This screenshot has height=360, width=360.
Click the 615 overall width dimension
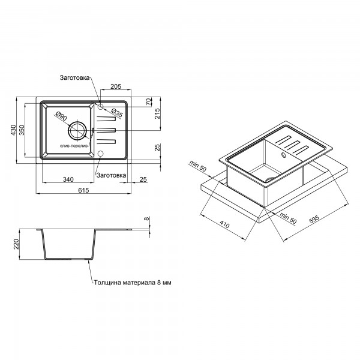pos(83,190)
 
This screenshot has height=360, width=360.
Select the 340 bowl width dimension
pos(68,179)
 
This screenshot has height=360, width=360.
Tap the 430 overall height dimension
pos(13,130)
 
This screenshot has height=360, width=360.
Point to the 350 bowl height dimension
pos(22,130)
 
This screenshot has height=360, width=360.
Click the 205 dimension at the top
pos(116,86)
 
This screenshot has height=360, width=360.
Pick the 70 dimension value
pos(149,101)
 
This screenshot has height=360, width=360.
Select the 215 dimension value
pos(157,113)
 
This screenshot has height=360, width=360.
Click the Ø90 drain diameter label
pos(61,116)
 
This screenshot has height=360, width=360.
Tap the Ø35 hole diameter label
pos(117,113)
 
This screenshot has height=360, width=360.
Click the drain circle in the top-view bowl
pos(77,130)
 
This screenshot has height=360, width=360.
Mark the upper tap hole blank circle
pos(101,107)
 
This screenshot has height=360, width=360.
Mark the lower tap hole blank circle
pos(101,154)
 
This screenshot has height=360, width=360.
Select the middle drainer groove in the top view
pos(106,130)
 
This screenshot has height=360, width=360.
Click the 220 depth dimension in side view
pos(16,244)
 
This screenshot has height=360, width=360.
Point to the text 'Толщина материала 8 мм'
pos(133,283)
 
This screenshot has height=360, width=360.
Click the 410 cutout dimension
pos(224,224)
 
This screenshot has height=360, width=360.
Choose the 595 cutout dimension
pos(314,219)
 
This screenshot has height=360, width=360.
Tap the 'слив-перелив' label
pos(74,146)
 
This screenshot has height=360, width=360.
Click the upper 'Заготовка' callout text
pos(74,77)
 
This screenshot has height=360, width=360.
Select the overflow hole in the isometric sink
pos(284,155)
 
